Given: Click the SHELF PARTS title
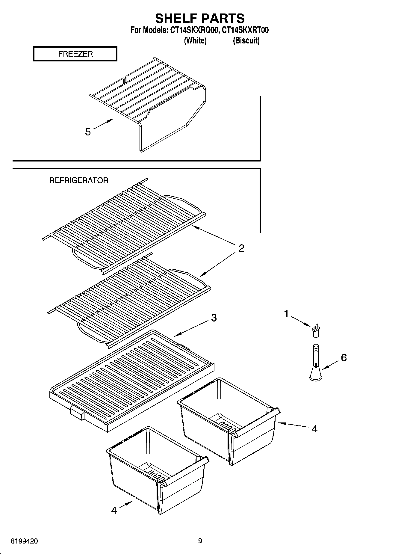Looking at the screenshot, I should pyautogui.click(x=200, y=18).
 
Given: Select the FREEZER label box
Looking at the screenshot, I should pyautogui.click(x=75, y=54).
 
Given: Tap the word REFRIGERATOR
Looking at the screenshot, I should pyautogui.click(x=79, y=180).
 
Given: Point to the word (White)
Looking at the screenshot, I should pyautogui.click(x=195, y=40).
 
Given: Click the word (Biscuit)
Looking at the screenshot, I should pyautogui.click(x=246, y=40).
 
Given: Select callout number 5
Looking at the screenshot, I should pyautogui.click(x=88, y=132).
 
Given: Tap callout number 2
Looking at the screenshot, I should pyautogui.click(x=241, y=248).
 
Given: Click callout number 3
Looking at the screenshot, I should pyautogui.click(x=214, y=318).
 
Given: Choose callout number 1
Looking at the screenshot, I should pyautogui.click(x=286, y=314).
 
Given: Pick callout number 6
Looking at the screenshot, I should pyautogui.click(x=344, y=357).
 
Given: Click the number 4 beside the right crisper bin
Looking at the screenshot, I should pyautogui.click(x=314, y=429).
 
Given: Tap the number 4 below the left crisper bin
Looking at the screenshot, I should pyautogui.click(x=114, y=510).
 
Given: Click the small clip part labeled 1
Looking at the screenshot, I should pyautogui.click(x=316, y=329).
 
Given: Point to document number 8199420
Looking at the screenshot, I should pyautogui.click(x=24, y=541).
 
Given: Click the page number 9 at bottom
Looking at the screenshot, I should pyautogui.click(x=200, y=541).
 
